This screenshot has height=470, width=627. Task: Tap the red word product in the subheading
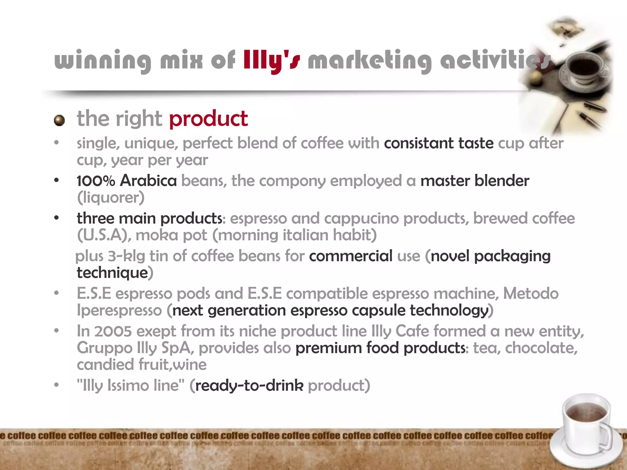(208, 119)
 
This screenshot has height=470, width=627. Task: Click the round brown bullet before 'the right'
(59, 121)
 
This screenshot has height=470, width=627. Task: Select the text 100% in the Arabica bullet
(96, 181)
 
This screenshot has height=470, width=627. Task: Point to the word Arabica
(148, 181)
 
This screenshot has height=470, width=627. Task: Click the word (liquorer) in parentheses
(111, 198)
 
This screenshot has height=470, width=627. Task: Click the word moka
(156, 235)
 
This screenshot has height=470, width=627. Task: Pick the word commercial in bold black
(351, 256)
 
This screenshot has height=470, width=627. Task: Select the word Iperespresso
(119, 311)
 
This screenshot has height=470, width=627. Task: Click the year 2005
(113, 331)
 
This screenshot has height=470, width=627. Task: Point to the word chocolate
(541, 348)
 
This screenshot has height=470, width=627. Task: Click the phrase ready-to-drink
(249, 386)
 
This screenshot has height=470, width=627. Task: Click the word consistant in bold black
(419, 143)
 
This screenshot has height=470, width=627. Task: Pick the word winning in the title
(103, 61)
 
